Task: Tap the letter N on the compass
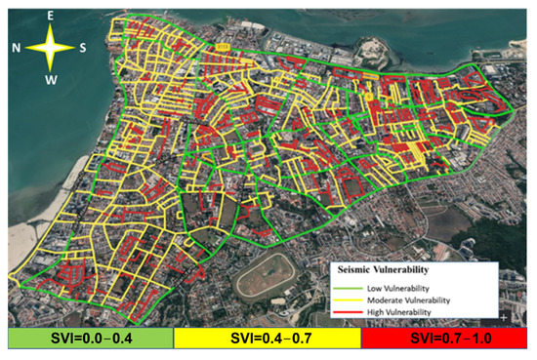click(17, 47)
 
